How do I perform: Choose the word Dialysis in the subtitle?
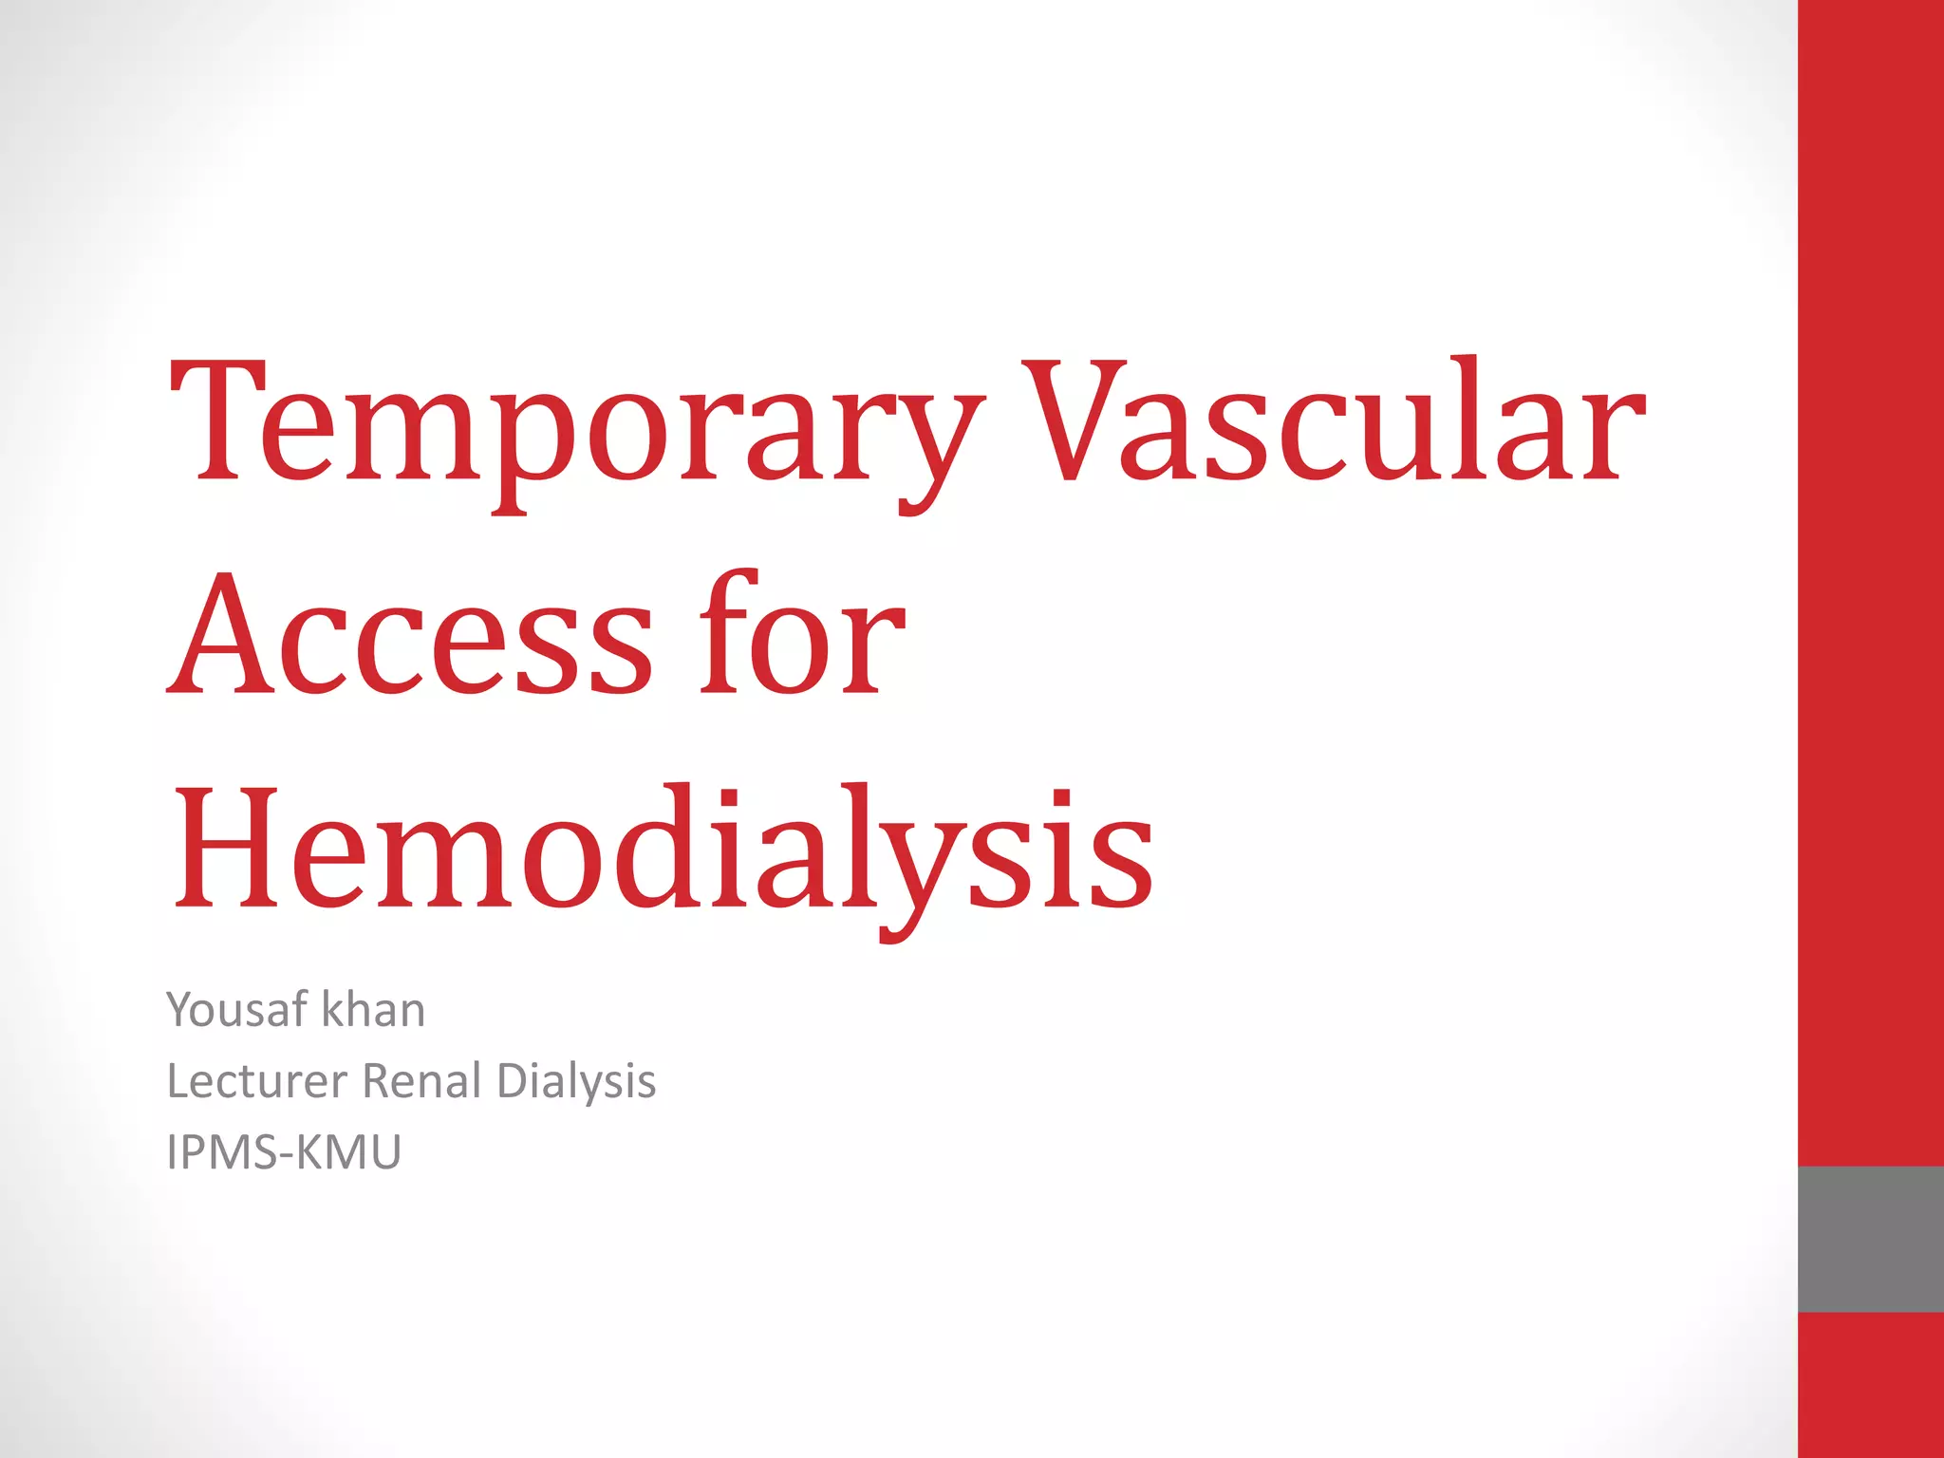[x=576, y=1081]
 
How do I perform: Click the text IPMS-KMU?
[x=284, y=1152]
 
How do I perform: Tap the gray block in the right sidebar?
[x=1870, y=1239]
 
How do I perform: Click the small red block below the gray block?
[x=1870, y=1385]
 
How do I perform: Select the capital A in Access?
[x=220, y=634]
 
